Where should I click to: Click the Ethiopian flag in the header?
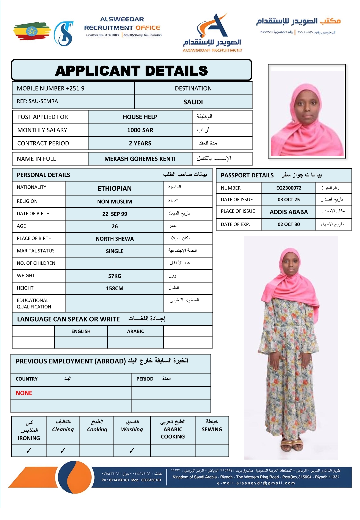(x=32, y=31)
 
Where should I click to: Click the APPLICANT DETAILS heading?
(x=131, y=71)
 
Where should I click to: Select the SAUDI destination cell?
(x=193, y=102)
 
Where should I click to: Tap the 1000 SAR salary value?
(x=140, y=130)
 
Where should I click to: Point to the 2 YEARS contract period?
(x=140, y=143)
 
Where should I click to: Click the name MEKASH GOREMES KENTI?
(x=140, y=159)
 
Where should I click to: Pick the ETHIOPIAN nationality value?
(x=115, y=188)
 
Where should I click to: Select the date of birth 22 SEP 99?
(x=115, y=214)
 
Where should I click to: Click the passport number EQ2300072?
(x=289, y=188)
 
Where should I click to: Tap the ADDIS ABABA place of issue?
(x=289, y=212)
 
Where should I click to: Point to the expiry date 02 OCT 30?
(x=289, y=224)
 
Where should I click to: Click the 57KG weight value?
(x=115, y=276)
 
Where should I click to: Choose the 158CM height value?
(x=115, y=288)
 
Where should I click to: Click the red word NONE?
(x=24, y=393)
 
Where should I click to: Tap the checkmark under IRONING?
(x=29, y=451)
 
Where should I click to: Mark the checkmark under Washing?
(x=132, y=451)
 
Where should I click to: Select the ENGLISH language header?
(x=81, y=331)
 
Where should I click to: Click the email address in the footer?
(x=256, y=483)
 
